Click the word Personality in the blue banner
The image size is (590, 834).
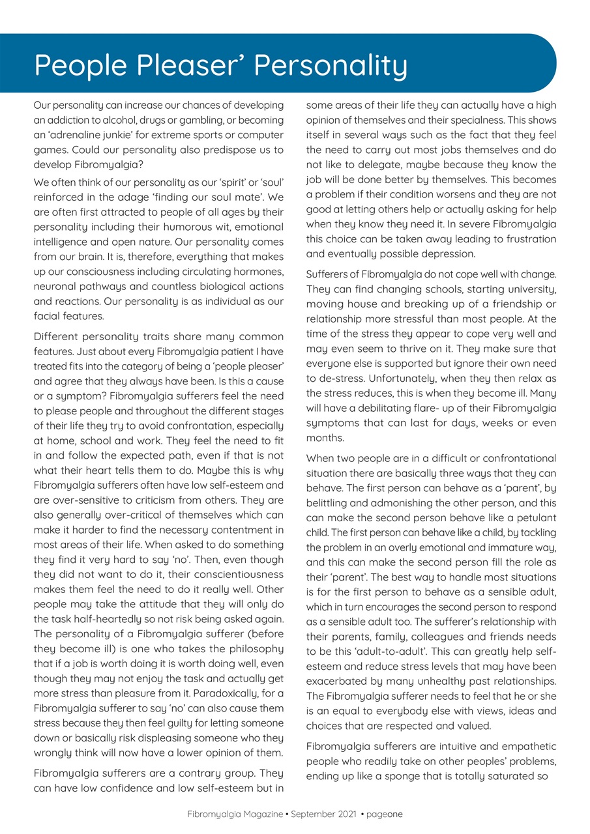(331, 66)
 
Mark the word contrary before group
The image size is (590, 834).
(203, 773)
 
